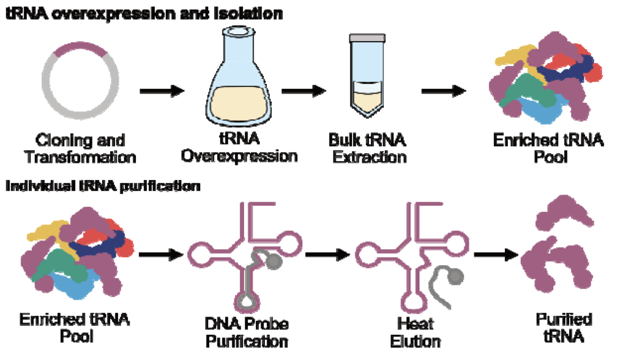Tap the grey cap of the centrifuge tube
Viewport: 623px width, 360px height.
point(367,39)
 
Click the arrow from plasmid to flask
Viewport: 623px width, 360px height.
point(162,92)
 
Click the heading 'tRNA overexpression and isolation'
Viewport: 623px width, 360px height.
point(144,13)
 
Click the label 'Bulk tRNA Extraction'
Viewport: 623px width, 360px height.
point(366,149)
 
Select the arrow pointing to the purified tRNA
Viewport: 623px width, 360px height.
point(496,253)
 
